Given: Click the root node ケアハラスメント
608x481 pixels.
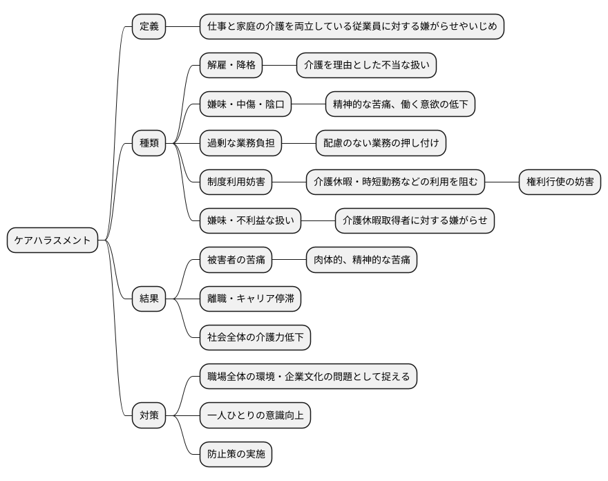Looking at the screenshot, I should pos(53,240).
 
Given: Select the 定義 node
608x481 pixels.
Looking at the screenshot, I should pos(149,27).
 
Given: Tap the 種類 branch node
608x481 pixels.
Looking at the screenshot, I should pos(149,143).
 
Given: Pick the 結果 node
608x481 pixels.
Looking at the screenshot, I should pos(149,299).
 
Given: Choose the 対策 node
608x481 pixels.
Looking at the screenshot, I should pos(149,415).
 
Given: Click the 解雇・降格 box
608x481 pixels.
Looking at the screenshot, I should pos(231,66).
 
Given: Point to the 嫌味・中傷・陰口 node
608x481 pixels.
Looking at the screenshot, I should pos(245,104).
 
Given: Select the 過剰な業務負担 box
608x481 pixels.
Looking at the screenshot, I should pos(240,143).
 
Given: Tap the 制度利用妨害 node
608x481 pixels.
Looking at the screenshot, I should pos(236,182).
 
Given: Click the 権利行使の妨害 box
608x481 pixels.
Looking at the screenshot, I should pos(560,182).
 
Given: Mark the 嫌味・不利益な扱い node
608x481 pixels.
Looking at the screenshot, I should pos(250,221).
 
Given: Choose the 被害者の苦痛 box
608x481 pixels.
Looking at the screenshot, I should pos(236,260).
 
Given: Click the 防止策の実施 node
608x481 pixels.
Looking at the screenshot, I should pos(236,454).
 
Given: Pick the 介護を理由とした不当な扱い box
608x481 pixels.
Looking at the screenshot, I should pos(366,66).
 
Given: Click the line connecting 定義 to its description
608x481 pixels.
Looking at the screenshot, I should pos(182,27).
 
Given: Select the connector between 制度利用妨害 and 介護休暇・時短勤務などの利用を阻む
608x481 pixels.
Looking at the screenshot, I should pos(289,182).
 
